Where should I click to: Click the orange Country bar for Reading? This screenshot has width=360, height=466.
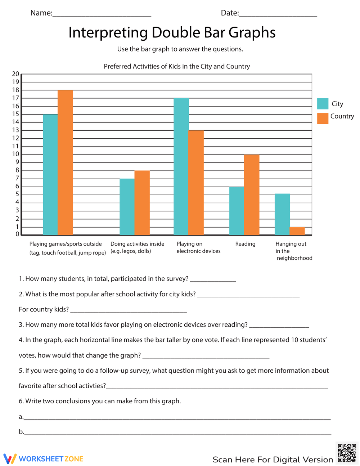(x=252, y=195)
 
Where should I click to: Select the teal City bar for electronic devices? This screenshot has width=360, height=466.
(x=181, y=167)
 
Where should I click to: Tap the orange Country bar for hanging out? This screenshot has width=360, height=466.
(x=297, y=231)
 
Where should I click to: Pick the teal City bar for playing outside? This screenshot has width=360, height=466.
(x=50, y=175)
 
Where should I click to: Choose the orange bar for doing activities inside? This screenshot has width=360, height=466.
(x=142, y=203)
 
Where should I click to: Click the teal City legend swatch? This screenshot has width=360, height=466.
(x=323, y=104)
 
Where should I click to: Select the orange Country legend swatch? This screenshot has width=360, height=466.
(x=323, y=118)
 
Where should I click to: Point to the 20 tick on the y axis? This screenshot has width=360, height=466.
(x=15, y=74)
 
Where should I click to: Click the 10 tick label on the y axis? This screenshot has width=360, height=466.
(x=15, y=154)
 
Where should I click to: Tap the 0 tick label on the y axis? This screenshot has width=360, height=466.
(x=17, y=234)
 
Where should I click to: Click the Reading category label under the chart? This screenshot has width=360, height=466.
(x=245, y=244)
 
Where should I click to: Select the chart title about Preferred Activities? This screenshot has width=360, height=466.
(x=177, y=66)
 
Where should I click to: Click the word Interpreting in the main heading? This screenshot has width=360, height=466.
(x=108, y=32)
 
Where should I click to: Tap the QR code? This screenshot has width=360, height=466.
(x=347, y=453)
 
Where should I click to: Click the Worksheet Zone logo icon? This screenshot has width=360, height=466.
(x=10, y=458)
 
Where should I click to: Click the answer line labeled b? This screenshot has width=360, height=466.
(x=177, y=434)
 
